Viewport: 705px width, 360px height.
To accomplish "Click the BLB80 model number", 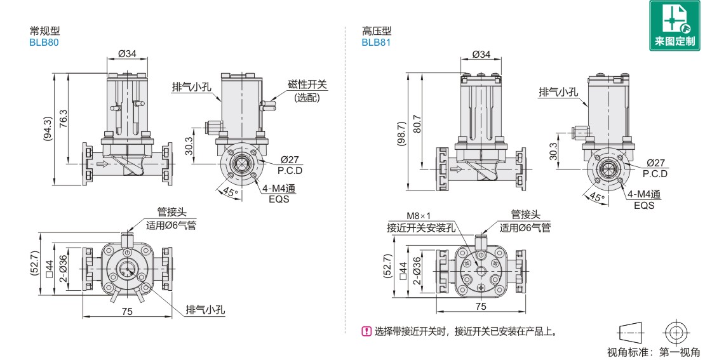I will coord(44,42).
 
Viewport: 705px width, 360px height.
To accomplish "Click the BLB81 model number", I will coord(376,42).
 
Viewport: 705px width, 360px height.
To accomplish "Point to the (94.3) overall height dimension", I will coord(46,128).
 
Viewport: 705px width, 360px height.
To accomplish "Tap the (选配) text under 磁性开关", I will coord(307,97).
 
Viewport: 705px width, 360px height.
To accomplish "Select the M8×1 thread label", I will coord(419,216).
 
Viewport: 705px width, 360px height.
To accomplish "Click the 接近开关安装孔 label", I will coord(420,227).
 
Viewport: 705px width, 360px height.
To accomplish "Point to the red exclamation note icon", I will coord(366,331).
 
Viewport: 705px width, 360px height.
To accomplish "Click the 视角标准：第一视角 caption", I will coord(654,352).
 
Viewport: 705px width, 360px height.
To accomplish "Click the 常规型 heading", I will coord(44,30).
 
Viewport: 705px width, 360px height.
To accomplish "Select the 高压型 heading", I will coord(376,30).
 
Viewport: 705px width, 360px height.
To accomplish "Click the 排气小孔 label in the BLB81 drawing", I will coord(558,92).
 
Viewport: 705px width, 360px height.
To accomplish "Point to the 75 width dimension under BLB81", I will coord(481,306).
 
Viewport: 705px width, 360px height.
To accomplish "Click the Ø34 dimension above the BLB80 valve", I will coord(127,54).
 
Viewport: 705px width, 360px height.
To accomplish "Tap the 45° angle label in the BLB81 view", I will coord(596,197).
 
